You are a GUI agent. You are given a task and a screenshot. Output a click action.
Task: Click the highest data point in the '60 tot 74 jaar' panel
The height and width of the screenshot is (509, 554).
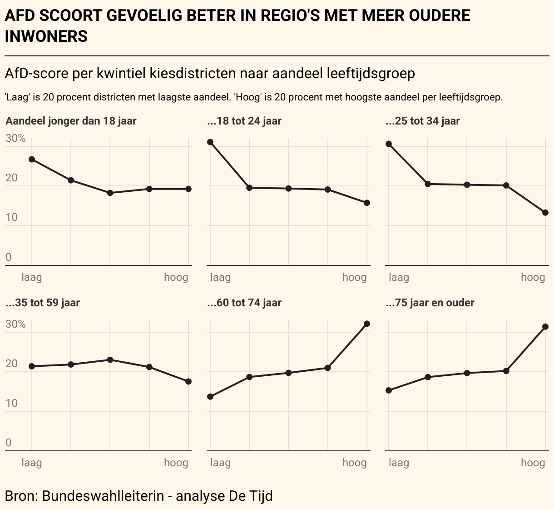coord(367,324)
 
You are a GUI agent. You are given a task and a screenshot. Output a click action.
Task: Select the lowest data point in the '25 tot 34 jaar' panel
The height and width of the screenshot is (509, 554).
coord(545,213)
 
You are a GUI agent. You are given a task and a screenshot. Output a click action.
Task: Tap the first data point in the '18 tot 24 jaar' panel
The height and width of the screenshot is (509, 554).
coord(210,142)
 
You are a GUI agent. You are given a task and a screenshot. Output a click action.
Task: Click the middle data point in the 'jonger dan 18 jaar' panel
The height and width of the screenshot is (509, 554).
coord(110,193)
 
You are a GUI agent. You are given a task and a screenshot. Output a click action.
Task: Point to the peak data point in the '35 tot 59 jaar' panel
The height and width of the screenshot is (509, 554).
coord(110,359)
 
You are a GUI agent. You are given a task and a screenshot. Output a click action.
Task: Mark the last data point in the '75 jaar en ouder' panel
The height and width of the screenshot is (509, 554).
coord(545,327)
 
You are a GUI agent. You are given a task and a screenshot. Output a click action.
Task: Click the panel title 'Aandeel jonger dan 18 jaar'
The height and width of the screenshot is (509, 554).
coord(71,121)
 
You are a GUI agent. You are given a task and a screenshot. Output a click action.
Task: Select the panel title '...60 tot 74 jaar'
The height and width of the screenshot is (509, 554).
coord(244,303)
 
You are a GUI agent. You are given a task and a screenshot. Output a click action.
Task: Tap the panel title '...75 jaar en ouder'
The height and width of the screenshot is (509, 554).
coord(430,303)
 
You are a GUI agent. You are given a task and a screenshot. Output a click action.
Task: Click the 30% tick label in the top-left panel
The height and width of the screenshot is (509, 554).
coord(15,139)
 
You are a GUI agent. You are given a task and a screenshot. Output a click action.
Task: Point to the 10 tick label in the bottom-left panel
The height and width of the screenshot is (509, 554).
coord(11,404)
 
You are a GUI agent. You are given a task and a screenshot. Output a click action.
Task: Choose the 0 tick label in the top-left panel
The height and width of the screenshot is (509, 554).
coord(8,258)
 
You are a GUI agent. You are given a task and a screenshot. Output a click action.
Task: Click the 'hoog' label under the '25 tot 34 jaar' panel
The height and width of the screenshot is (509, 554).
coord(533,277)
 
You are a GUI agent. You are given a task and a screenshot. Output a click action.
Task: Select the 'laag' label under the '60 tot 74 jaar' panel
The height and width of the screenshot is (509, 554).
coord(220,463)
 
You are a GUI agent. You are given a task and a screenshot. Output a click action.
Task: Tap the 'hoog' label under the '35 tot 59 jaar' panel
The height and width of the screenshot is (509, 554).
coord(176,463)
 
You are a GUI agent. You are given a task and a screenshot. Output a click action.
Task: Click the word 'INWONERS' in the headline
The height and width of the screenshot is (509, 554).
coord(46,36)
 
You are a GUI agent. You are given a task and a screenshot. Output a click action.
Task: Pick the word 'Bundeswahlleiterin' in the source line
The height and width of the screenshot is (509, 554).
coord(103,495)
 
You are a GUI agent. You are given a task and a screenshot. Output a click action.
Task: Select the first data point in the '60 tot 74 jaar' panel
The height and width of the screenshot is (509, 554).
coord(210,397)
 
